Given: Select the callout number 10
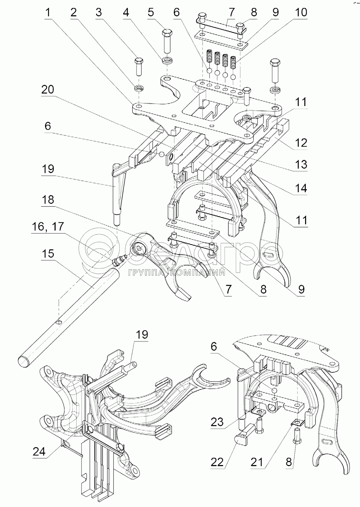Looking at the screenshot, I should point(300,12).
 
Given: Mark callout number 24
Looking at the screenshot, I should point(39,452).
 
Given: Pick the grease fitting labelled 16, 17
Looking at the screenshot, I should point(119,261).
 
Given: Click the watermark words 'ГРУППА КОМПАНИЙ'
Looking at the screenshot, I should point(176,273).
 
